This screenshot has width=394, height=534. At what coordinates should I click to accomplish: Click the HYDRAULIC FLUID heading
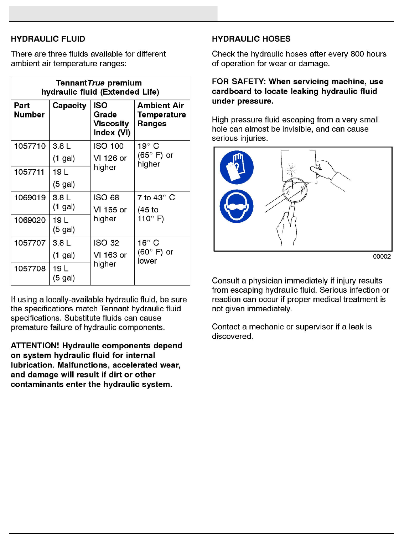tap(48, 39)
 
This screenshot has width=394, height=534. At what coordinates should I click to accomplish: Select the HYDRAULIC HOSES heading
tap(251, 39)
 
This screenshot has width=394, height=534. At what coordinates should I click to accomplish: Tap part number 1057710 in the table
tap(30, 146)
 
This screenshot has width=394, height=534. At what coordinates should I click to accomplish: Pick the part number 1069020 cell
tap(30, 220)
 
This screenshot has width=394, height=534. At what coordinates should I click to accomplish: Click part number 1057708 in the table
tap(30, 269)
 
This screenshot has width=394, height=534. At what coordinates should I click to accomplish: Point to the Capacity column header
tap(69, 106)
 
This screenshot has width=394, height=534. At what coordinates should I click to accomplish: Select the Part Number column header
tap(29, 110)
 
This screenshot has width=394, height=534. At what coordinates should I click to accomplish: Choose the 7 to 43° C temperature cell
tap(156, 197)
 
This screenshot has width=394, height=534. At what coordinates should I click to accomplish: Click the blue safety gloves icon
tap(237, 167)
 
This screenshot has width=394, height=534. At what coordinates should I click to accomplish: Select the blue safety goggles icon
tap(237, 206)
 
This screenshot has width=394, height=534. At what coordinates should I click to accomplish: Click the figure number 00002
tap(382, 257)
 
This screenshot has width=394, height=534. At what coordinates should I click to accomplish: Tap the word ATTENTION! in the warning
tap(35, 346)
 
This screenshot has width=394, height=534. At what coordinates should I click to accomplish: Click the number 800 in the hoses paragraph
tap(357, 54)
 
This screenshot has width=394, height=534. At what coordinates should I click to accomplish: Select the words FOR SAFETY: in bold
tap(239, 82)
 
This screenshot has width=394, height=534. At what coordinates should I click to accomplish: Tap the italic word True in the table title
tap(96, 83)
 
